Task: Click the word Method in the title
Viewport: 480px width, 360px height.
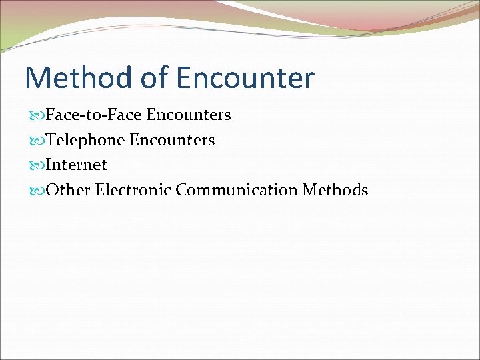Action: (79, 78)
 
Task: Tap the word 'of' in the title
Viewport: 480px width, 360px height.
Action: (154, 78)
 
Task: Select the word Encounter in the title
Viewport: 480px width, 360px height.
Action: (245, 78)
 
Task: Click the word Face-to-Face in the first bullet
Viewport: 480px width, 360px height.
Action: (93, 115)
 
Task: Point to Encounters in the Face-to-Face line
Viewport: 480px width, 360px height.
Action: (189, 115)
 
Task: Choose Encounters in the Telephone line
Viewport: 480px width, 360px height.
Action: (172, 140)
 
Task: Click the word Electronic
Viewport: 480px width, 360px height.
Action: (133, 190)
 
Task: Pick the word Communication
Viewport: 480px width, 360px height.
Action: (237, 190)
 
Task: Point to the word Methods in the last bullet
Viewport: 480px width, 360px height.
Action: (335, 190)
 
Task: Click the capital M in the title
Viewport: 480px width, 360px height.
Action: (39, 78)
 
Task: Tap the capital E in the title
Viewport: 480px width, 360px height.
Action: (185, 78)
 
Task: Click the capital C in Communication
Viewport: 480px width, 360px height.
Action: (182, 190)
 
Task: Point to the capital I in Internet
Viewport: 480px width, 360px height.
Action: (49, 165)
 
